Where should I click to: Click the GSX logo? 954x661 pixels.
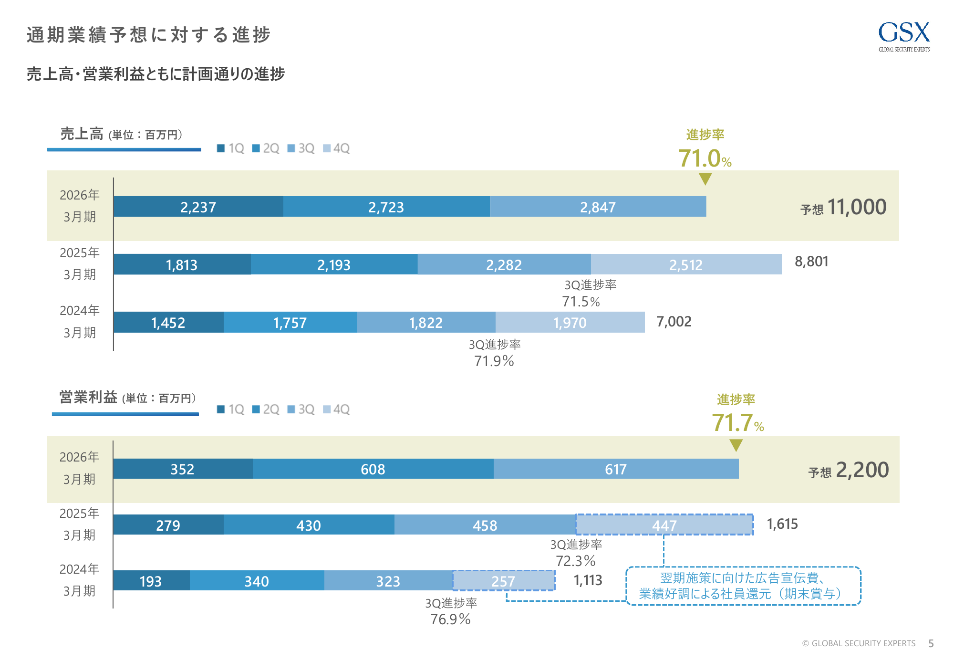[904, 36]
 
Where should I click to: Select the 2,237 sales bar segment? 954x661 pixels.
[198, 207]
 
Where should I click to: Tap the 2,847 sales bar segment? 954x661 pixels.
[598, 207]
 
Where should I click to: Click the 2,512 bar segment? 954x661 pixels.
[686, 264]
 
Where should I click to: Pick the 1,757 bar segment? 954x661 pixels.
[290, 323]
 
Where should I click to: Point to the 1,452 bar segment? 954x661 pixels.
[168, 323]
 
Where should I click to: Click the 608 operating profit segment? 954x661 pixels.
[373, 469]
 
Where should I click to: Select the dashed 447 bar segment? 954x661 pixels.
[664, 525]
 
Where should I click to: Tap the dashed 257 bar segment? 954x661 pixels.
[503, 581]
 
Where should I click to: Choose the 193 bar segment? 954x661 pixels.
[151, 581]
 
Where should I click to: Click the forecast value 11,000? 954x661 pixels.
[857, 207]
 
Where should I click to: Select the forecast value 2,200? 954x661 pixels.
[862, 470]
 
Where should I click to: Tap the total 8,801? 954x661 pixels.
[811, 262]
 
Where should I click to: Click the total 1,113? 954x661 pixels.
[588, 580]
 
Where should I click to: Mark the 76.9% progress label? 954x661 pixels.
[450, 619]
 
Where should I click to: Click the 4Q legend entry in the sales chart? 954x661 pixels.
[337, 148]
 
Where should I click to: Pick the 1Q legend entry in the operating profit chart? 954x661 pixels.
[231, 409]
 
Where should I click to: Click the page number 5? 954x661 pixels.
[931, 643]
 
